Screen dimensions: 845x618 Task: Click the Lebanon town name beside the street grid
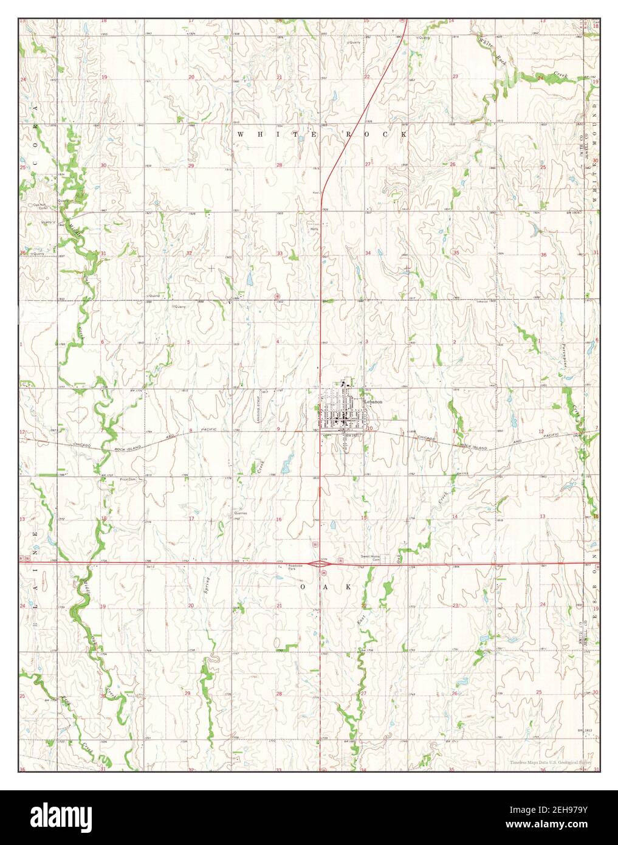tap(373, 402)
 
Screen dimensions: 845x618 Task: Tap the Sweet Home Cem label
tap(370, 558)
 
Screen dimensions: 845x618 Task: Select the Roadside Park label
tap(295, 568)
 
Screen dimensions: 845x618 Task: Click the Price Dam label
tap(127, 479)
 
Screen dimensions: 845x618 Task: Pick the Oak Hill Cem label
tap(40, 206)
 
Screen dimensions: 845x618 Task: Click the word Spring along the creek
tap(207, 588)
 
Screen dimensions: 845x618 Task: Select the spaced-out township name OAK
tap(326, 587)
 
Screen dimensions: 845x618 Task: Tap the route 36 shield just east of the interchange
tap(340, 559)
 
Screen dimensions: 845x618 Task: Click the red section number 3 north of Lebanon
tap(366, 342)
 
